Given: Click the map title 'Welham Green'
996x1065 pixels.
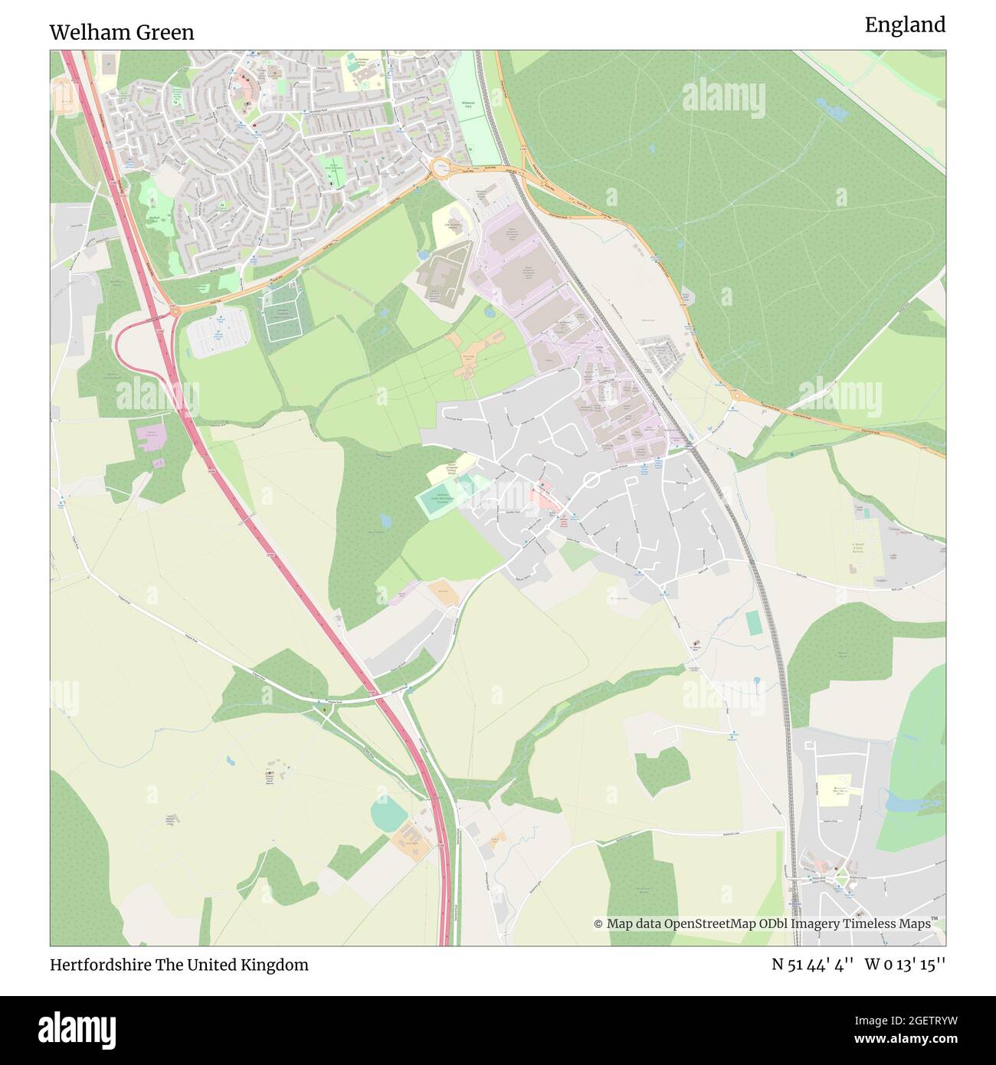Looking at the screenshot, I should tap(122, 32).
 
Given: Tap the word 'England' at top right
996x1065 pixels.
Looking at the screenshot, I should tap(905, 25).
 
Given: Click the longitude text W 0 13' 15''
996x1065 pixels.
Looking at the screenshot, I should tap(905, 965).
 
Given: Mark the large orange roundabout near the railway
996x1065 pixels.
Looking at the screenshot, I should tap(441, 167).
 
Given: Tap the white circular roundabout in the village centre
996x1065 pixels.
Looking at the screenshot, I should tap(591, 480).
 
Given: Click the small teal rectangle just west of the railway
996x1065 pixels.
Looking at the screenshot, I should tap(755, 623).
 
